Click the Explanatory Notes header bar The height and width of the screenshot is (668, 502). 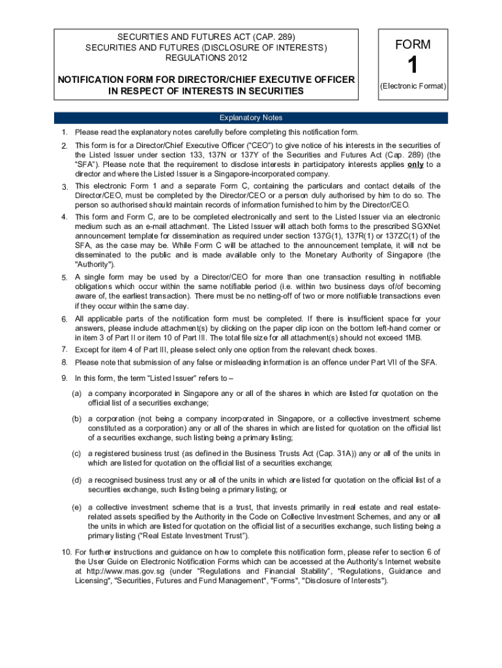click(x=251, y=118)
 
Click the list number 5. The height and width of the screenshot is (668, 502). click(x=65, y=278)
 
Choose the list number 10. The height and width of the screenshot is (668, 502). click(x=66, y=552)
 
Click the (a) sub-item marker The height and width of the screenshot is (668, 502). click(x=77, y=393)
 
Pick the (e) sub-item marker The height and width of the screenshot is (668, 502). click(x=77, y=507)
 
